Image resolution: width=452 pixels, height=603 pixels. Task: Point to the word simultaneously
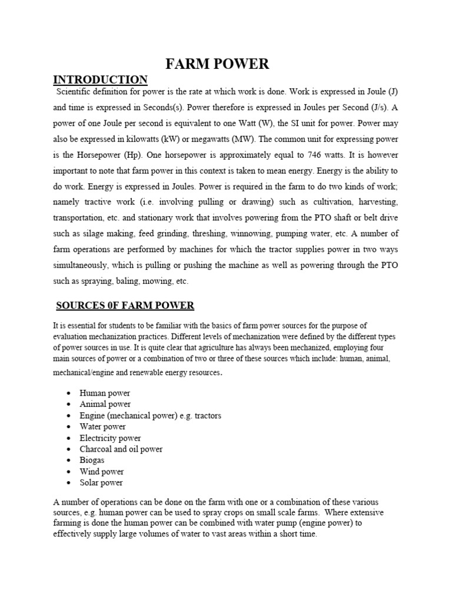click(84, 265)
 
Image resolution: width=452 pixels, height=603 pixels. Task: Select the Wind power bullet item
click(102, 471)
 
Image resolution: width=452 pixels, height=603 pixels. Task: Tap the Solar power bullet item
click(102, 482)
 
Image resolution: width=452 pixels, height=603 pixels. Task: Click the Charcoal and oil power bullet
click(121, 449)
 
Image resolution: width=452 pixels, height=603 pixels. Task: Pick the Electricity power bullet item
click(110, 438)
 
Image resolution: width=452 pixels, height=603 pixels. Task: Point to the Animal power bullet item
click(105, 404)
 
